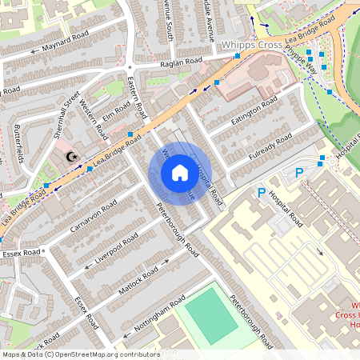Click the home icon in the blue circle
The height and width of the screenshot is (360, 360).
pyautogui.click(x=180, y=173)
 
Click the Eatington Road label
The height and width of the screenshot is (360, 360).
pyautogui.click(x=254, y=111)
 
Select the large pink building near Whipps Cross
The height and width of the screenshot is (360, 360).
pyautogui.click(x=253, y=78)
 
